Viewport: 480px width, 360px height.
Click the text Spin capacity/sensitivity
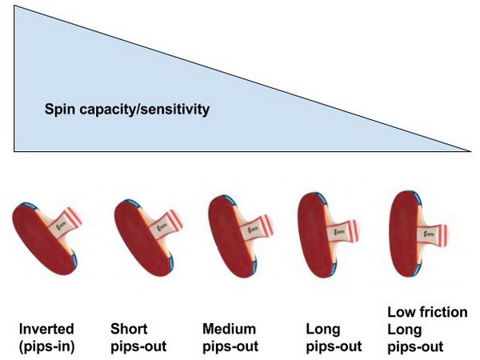tap(127, 108)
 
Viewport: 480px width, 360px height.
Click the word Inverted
tap(46, 329)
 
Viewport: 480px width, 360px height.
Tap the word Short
tap(128, 329)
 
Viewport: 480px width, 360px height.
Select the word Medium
tap(228, 329)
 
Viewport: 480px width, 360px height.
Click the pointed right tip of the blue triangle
tap(470, 150)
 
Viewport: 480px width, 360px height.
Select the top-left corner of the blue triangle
tap(14, 6)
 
